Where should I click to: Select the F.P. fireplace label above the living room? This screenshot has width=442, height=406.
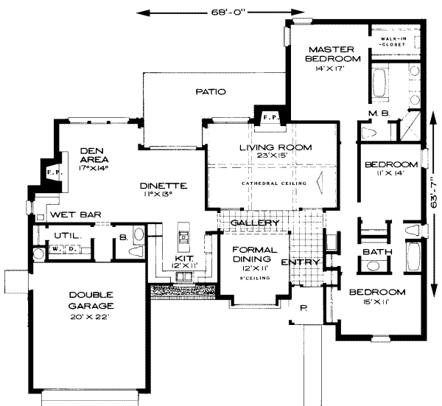coord(270,116)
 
